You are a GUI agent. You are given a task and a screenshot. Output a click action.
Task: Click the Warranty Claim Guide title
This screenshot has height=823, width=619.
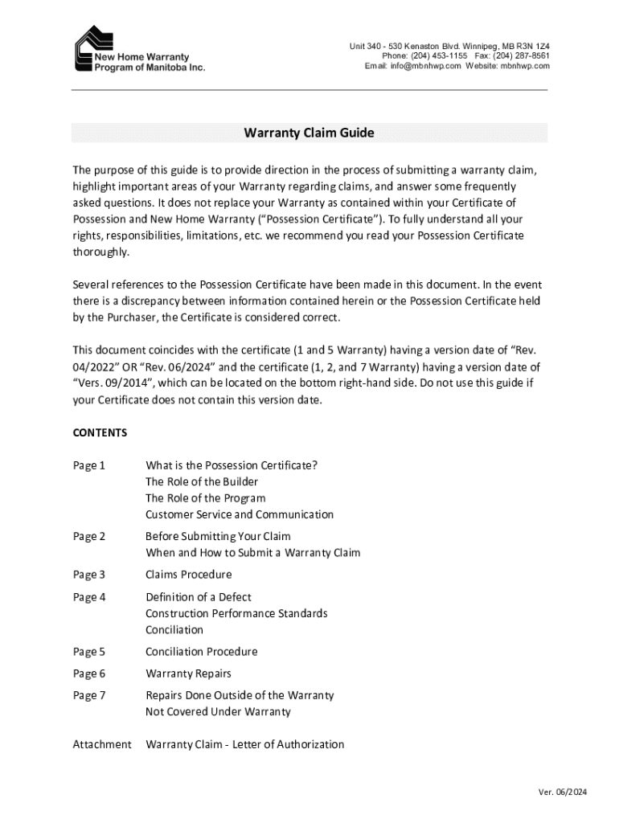pyautogui.click(x=309, y=133)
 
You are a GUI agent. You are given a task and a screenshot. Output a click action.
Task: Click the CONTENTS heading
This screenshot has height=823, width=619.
pyautogui.click(x=100, y=432)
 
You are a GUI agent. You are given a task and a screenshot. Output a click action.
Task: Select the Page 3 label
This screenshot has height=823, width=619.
pyautogui.click(x=89, y=575)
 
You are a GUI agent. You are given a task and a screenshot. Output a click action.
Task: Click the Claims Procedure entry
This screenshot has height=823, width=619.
pyautogui.click(x=188, y=575)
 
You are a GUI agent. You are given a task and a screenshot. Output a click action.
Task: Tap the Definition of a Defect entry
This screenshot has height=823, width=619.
pyautogui.click(x=198, y=597)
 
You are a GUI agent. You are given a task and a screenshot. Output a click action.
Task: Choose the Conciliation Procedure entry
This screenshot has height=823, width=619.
pyautogui.click(x=201, y=652)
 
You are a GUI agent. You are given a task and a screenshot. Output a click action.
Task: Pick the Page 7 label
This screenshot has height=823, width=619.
pyautogui.click(x=89, y=695)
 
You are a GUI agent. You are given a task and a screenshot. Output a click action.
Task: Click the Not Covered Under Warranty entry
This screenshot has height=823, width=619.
pyautogui.click(x=218, y=712)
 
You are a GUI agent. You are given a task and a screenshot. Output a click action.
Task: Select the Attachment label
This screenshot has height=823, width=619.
pyautogui.click(x=102, y=744)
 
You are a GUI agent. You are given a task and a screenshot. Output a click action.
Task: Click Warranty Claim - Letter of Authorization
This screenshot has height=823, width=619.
pyautogui.click(x=244, y=744)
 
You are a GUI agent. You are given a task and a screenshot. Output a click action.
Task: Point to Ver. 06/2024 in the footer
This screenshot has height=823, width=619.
pyautogui.click(x=563, y=792)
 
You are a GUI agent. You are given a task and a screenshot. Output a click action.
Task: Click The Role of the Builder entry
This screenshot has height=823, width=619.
pyautogui.click(x=202, y=481)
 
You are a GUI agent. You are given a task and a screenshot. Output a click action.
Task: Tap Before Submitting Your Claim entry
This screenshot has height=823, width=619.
pyautogui.click(x=218, y=536)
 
